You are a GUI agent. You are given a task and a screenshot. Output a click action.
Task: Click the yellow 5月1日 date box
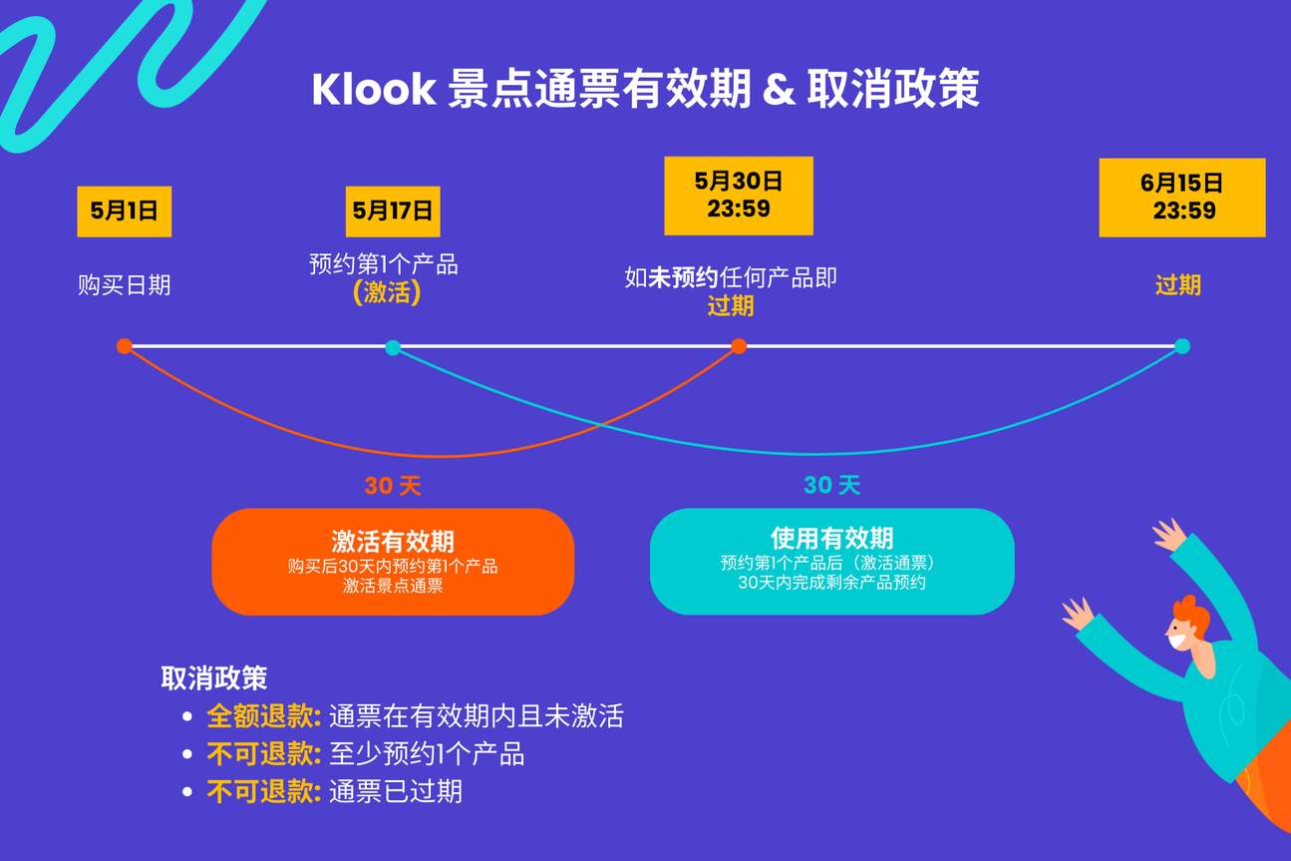(124, 212)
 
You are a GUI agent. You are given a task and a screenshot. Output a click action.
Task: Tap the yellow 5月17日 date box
(393, 212)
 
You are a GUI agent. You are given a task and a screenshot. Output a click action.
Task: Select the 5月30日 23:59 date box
(739, 196)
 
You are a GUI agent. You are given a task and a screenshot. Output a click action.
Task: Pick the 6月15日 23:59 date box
(1181, 198)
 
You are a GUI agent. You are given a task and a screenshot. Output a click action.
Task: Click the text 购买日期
(125, 285)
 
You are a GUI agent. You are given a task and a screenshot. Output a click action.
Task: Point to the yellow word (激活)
(387, 293)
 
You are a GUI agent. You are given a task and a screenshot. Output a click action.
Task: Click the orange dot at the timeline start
(124, 346)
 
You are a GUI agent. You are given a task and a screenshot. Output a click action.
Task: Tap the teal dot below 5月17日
(393, 347)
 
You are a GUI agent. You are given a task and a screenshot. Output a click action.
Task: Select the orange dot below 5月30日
(739, 346)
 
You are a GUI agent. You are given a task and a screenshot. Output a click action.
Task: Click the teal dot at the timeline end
(1181, 346)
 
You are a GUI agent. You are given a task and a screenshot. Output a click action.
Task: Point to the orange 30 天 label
(393, 486)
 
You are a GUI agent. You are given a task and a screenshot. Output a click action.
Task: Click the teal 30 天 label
(831, 486)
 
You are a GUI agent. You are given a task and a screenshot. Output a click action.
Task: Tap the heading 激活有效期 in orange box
(393, 541)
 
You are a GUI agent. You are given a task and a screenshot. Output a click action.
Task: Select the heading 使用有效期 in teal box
(831, 538)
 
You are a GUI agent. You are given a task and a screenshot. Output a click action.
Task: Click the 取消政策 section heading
(213, 677)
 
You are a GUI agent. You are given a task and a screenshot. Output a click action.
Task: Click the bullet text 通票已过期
(396, 792)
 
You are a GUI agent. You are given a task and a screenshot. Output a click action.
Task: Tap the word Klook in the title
(374, 90)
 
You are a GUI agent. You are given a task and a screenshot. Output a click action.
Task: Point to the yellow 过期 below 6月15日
(1178, 285)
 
